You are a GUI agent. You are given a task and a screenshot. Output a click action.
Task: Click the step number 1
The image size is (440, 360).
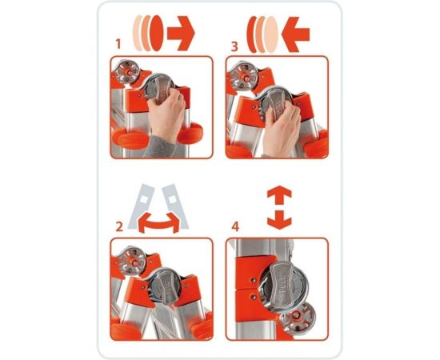(x=118, y=44)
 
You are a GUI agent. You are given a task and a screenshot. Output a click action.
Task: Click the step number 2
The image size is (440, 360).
(x=119, y=226)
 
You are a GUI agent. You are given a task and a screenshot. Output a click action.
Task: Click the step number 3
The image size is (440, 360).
(x=234, y=46)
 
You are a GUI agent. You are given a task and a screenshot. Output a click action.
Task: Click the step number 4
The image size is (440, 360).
(x=235, y=226)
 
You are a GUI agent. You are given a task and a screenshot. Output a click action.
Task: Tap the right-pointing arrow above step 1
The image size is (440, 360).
(x=181, y=34)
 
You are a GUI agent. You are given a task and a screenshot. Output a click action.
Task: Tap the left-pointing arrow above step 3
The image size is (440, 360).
(x=295, y=34)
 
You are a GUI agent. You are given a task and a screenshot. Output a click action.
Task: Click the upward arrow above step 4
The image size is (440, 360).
(x=279, y=195)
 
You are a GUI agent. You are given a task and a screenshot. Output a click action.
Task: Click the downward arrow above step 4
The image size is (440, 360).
(x=279, y=220)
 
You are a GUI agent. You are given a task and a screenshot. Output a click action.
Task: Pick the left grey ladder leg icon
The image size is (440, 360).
(x=141, y=206)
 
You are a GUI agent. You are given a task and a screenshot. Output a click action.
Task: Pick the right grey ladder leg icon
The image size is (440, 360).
(x=175, y=206)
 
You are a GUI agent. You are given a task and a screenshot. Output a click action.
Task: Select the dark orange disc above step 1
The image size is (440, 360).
(x=157, y=33)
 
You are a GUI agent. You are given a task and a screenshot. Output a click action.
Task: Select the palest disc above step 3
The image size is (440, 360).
(x=271, y=34)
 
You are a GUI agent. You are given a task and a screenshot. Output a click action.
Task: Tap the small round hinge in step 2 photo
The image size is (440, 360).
(x=132, y=260)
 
